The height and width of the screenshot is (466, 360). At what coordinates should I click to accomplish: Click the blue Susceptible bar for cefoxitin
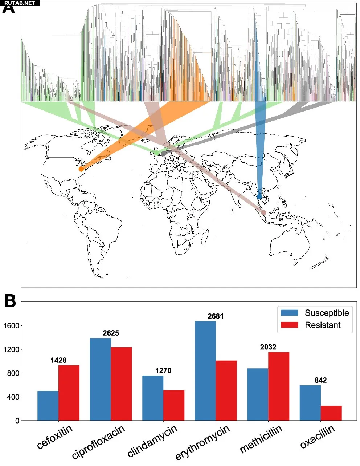[48, 406]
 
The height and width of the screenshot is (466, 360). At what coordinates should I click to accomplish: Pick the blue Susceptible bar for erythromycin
[205, 371]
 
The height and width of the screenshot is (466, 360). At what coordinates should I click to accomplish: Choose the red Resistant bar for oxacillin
[331, 413]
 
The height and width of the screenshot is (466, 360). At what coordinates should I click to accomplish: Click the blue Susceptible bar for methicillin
[258, 394]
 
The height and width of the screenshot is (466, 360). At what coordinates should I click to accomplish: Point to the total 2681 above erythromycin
[216, 316]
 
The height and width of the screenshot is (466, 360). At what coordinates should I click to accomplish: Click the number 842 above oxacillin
[321, 380]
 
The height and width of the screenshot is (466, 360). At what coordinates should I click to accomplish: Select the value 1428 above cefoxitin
[58, 360]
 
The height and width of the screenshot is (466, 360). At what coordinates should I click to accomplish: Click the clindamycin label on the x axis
[152, 441]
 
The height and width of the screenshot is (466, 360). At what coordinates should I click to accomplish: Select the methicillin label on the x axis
[261, 439]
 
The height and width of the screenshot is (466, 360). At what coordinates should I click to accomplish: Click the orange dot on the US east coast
[81, 169]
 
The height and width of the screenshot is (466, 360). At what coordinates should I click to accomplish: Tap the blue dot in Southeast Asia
[259, 196]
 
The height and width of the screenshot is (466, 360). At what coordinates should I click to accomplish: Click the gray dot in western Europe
[164, 154]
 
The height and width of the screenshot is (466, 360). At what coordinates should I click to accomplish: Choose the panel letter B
[10, 301]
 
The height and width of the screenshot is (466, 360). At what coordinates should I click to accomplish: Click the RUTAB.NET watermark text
[20, 3]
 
